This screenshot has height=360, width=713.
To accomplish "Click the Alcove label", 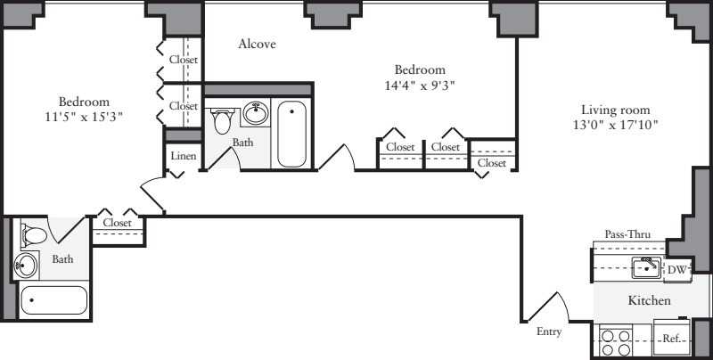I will coord(257,44).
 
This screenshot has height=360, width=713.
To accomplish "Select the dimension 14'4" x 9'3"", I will coord(420,86).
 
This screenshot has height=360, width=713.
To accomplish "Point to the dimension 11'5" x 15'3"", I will coord(85,117).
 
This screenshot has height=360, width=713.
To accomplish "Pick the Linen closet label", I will coord(183,157).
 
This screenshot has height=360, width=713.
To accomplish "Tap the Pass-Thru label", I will coord(627,234).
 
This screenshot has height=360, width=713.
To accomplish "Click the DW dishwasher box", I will coord(677,268).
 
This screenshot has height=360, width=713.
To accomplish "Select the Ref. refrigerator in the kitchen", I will coord(671,339).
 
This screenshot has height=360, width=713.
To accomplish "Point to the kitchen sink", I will coord(644,266).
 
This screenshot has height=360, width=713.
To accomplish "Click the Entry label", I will coord(549,331).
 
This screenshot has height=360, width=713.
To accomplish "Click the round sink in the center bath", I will coord(257,114).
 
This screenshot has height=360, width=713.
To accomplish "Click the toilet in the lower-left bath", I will coord(33,234).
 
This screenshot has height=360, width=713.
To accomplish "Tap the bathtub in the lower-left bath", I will coord(53,300).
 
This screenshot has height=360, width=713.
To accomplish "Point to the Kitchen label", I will coord(649,301).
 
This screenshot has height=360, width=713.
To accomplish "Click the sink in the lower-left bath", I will coord(28,264).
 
